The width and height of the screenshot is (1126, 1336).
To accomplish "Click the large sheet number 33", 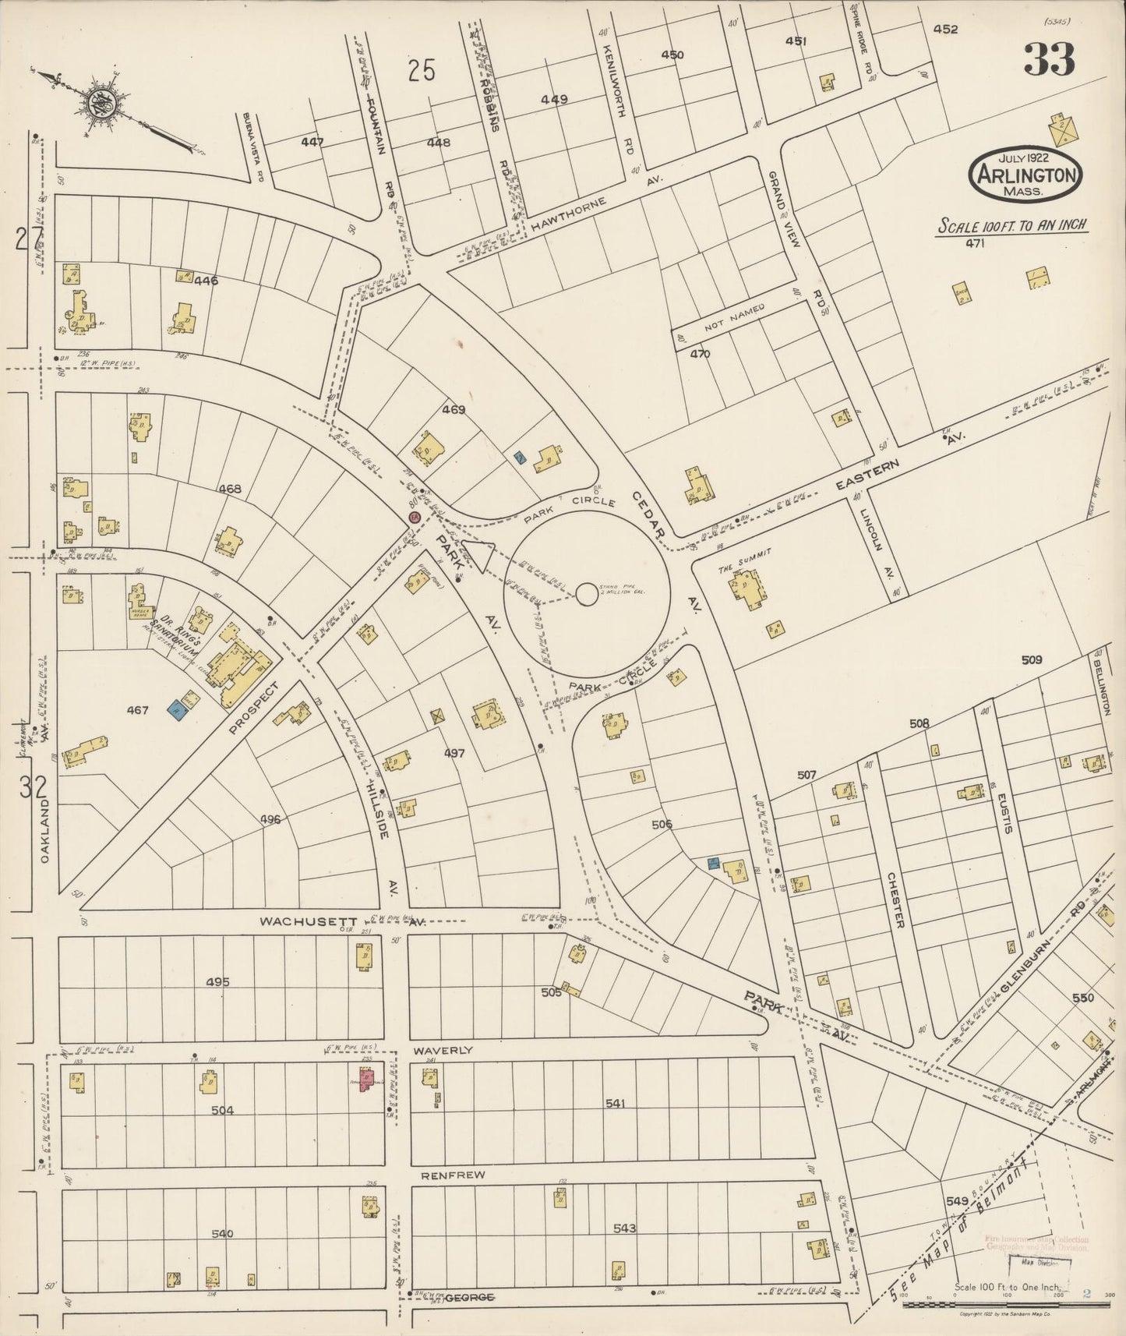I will tap(1049, 59).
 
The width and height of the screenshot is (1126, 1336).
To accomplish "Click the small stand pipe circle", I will tap(586, 595).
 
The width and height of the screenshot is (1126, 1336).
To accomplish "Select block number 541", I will tap(615, 1104).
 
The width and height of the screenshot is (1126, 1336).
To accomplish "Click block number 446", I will tap(206, 281).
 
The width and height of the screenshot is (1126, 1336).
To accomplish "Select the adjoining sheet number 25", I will tap(421, 72).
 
